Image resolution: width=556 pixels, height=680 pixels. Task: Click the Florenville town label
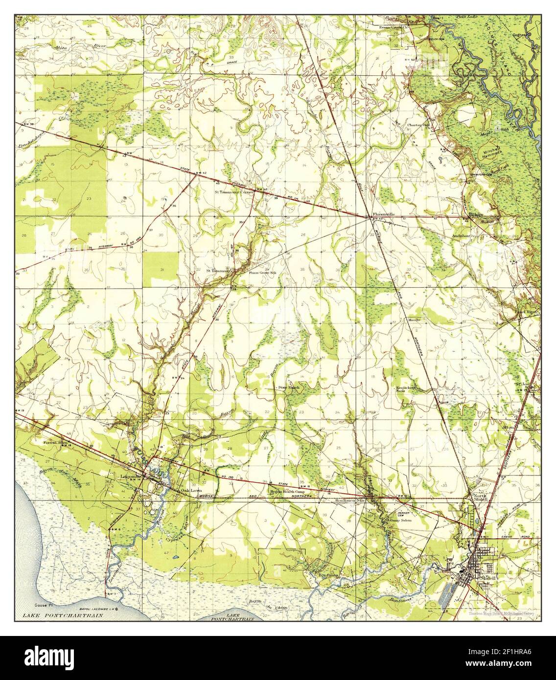[383, 214]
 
